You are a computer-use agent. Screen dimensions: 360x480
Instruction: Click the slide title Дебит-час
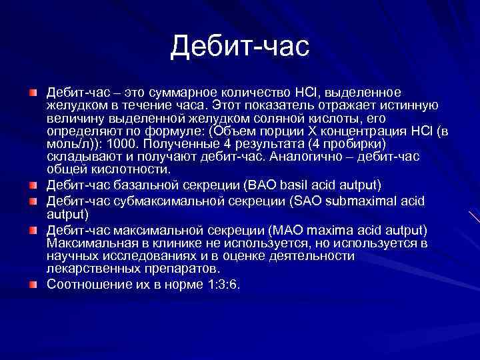point(240,46)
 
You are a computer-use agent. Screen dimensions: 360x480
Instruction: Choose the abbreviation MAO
point(286,230)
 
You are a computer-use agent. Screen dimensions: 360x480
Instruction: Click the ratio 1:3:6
point(218,284)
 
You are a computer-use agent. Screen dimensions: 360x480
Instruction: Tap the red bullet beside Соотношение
point(33,285)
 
